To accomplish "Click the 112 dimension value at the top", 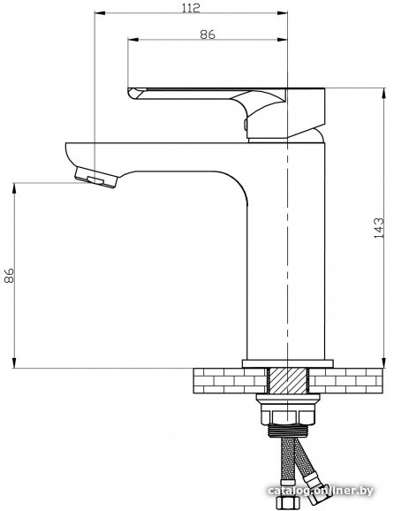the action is point(191,8).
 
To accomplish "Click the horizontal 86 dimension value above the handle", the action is point(208,34).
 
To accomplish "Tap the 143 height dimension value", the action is point(379,228).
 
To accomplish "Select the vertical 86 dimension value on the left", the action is point(10,275).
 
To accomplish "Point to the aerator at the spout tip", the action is point(95,178).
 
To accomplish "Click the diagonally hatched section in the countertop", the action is point(287,380).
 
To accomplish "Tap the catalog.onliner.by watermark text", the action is point(320,491).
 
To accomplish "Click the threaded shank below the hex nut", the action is point(288,430).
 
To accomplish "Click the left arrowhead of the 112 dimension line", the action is point(99,13).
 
